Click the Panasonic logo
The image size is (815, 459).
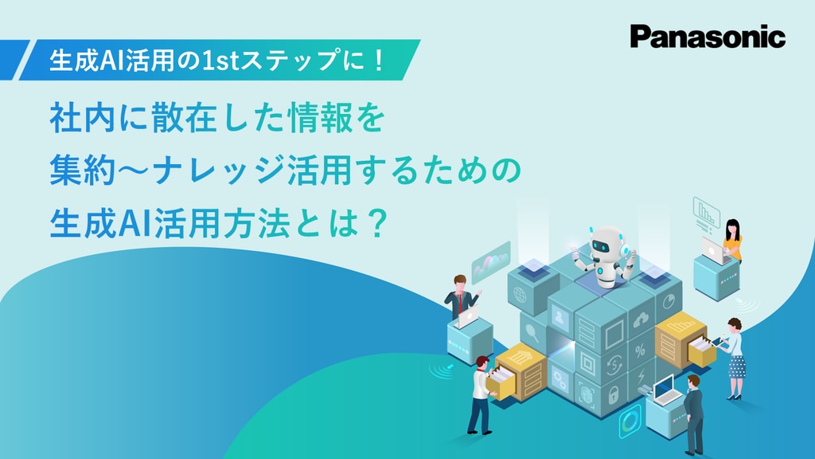[708, 37]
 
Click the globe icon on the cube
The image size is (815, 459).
[520, 294]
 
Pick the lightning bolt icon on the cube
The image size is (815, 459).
[641, 376]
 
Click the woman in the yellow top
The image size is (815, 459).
[731, 240]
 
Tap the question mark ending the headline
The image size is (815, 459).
[376, 224]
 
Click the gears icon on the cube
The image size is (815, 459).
[560, 379]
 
